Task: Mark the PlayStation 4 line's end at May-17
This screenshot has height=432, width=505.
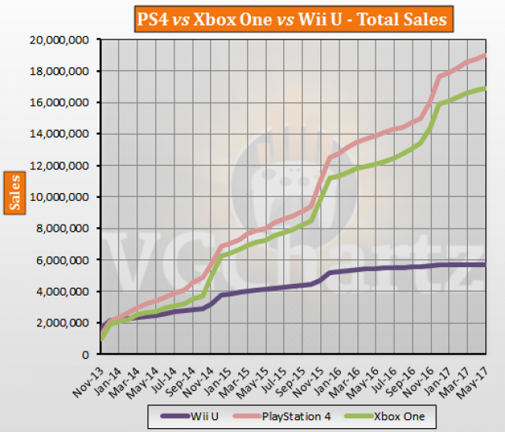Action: click(x=484, y=76)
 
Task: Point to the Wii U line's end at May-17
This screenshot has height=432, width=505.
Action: click(x=484, y=264)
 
